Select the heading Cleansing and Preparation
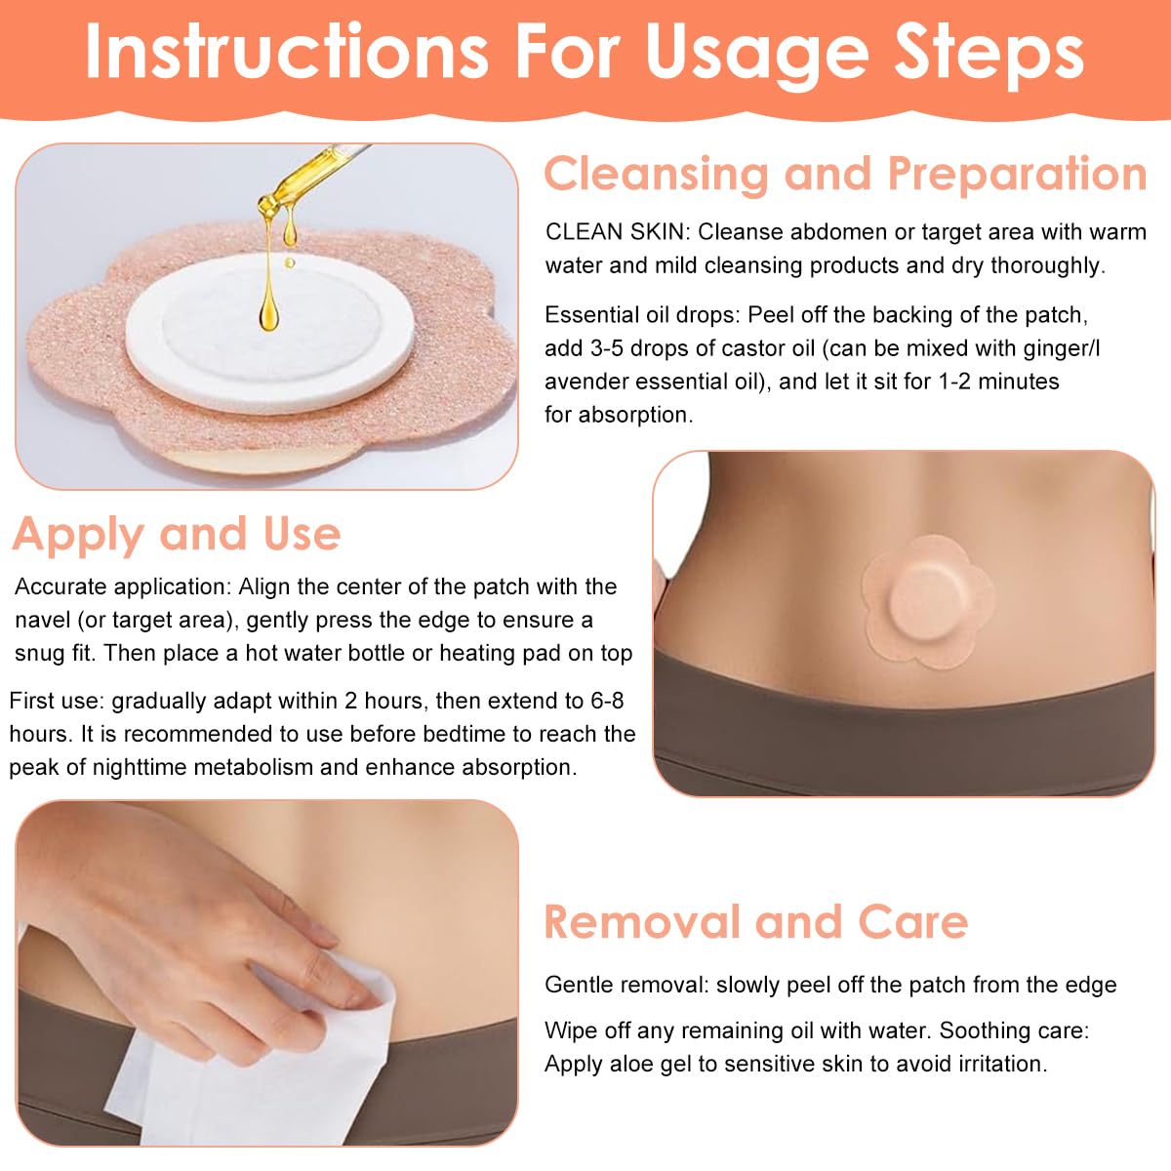pos(845,175)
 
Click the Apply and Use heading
pos(177,534)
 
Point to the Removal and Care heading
pos(755,922)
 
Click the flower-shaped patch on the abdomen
pos(928,599)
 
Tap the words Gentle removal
pos(626,986)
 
